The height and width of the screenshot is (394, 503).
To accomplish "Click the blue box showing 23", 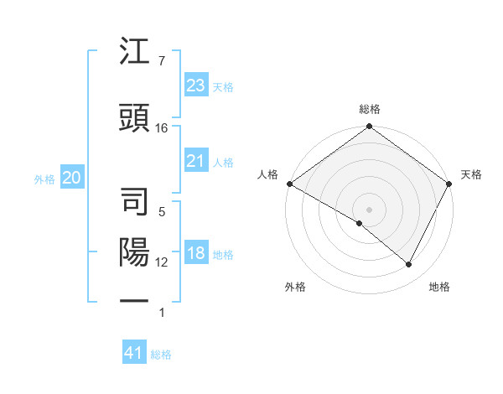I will tap(195, 86).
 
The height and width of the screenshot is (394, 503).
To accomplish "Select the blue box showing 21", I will tap(195, 161).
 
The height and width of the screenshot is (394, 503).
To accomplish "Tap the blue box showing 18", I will tap(195, 254).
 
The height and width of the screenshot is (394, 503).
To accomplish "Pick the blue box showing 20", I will tap(71, 178).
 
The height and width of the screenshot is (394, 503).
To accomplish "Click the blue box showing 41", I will tap(133, 354).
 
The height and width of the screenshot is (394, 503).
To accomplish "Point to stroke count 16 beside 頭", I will tap(162, 127).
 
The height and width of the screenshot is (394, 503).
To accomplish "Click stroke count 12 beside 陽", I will tap(162, 262).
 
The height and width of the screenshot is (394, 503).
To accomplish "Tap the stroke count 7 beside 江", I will tap(161, 60).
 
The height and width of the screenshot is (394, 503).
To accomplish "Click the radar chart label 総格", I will tap(369, 109).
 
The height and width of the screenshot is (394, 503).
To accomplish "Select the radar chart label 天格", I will tap(471, 174).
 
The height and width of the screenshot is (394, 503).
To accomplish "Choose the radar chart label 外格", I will tap(295, 287).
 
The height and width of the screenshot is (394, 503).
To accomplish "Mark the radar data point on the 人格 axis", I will tap(288, 184).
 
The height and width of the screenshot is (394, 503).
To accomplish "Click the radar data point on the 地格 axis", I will tap(409, 265).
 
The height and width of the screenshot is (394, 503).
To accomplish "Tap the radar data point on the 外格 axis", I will tap(360, 223).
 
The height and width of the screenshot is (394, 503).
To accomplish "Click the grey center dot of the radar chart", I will tap(369, 209).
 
